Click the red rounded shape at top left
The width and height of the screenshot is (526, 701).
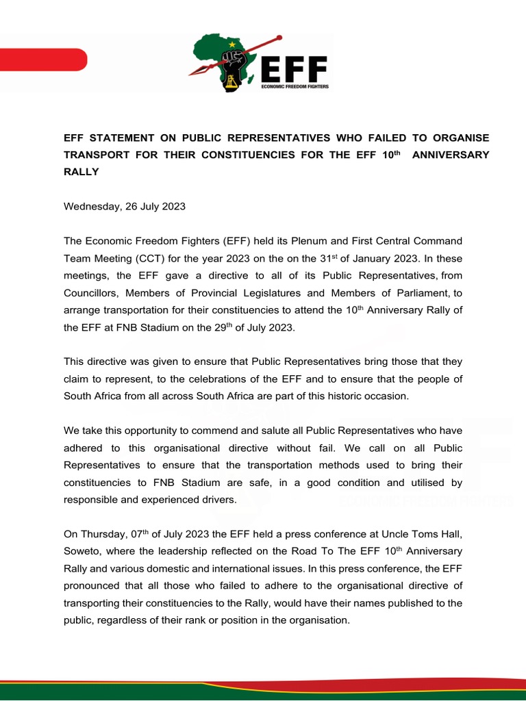[40, 59]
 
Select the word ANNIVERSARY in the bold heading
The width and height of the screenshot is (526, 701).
[449, 155]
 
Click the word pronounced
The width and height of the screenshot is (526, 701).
[95, 586]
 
